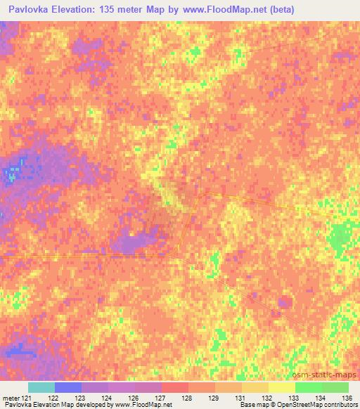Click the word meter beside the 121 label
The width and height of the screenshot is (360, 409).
point(11,397)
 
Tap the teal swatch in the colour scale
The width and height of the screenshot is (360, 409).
point(41,387)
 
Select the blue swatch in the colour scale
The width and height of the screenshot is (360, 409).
point(68,387)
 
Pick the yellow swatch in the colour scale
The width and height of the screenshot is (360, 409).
point(282,387)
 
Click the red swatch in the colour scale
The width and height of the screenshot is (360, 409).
point(175,387)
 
